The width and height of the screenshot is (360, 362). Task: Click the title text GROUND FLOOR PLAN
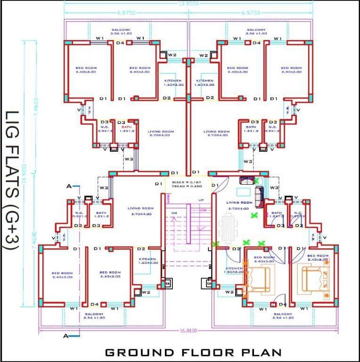(x=193, y=352)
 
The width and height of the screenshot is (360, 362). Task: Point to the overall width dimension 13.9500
(x=188, y=3)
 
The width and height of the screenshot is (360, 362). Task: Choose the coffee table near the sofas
(x=243, y=191)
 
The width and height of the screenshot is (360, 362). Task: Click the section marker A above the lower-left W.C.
(x=69, y=187)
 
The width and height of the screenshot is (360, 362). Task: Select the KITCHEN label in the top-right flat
(x=205, y=83)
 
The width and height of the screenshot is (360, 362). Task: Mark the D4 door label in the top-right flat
(x=256, y=43)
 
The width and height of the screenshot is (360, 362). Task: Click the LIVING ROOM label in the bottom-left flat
(x=141, y=211)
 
